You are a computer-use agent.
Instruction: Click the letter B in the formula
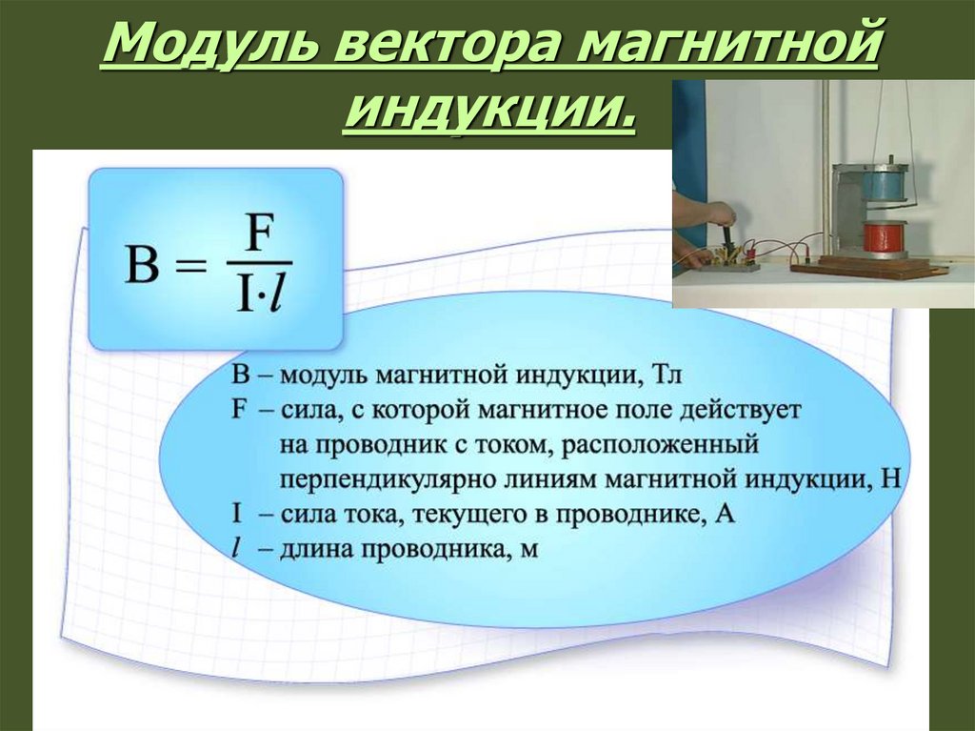pyautogui.click(x=142, y=265)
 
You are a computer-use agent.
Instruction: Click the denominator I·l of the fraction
pyautogui.click(x=260, y=294)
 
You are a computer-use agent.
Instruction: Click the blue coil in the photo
pyautogui.click(x=885, y=185)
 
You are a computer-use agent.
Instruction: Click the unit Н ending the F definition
pyautogui.click(x=890, y=479)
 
